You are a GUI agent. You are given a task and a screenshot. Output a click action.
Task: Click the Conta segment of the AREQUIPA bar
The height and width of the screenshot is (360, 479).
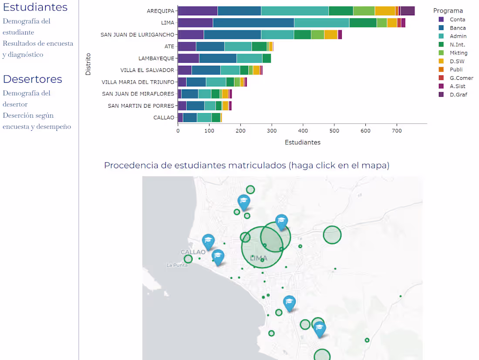tap(198, 11)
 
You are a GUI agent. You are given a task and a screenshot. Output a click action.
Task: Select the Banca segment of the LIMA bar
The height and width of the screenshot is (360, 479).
tap(253, 23)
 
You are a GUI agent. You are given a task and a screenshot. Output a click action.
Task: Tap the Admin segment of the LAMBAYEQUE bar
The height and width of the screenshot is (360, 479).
tap(250, 58)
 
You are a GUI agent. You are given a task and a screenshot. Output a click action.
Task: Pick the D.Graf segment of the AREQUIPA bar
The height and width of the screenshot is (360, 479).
tap(408, 11)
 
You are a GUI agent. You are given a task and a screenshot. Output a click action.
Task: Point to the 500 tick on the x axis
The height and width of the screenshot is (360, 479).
tap(334, 130)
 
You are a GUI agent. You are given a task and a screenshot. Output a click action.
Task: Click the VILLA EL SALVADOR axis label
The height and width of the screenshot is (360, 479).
tap(147, 70)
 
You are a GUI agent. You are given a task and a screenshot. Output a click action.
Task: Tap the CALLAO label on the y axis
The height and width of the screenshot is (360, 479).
tap(164, 118)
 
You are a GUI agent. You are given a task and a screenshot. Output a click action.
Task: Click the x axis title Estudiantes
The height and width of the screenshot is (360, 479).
tap(303, 143)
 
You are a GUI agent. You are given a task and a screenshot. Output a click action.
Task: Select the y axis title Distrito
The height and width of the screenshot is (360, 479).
tap(88, 64)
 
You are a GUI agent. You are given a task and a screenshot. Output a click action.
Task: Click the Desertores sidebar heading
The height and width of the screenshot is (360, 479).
tap(33, 79)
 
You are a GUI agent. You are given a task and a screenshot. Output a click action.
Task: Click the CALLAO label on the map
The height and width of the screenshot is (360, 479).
tap(193, 252)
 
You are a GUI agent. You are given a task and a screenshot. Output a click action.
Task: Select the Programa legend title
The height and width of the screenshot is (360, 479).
tap(448, 10)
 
